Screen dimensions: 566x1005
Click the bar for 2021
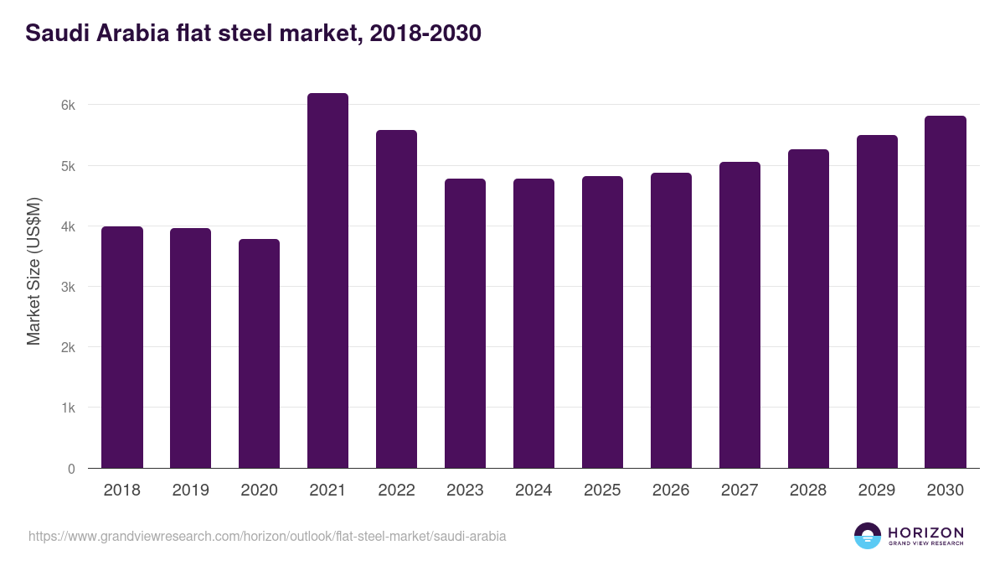click(327, 281)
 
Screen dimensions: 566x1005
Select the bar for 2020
click(259, 354)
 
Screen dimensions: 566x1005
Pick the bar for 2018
click(122, 347)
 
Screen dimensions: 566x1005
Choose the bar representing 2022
click(396, 299)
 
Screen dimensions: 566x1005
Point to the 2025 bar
click(602, 322)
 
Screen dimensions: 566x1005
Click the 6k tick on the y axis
click(68, 106)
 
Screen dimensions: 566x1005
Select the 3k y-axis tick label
click(68, 287)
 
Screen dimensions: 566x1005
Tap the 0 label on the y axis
click(71, 469)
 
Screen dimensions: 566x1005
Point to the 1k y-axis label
click(68, 408)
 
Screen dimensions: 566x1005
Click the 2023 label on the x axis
click(465, 491)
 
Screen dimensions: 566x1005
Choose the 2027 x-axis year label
click(740, 491)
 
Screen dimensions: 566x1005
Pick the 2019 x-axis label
click(190, 491)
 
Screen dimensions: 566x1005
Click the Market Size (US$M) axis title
click(33, 271)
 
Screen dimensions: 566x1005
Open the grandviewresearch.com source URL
click(267, 536)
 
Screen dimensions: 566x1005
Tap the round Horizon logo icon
click(868, 536)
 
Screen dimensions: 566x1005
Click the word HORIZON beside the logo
click(925, 532)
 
